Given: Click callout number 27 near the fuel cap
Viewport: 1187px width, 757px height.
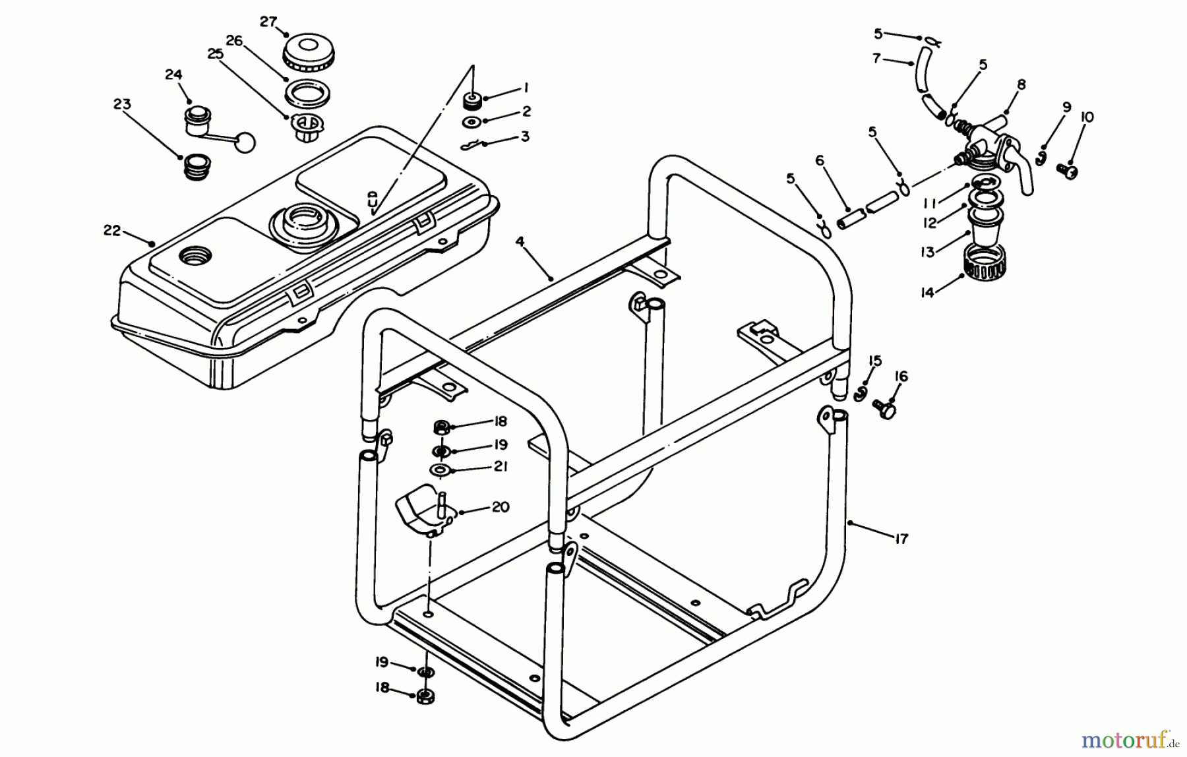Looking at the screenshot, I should tap(268, 22).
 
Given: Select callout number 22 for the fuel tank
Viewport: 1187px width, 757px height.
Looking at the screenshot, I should tap(112, 230).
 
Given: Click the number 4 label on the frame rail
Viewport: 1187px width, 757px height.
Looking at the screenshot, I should tap(520, 242).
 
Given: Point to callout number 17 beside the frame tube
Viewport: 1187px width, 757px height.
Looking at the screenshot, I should tap(901, 539).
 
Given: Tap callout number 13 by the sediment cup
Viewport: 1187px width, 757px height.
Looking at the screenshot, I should tap(928, 252).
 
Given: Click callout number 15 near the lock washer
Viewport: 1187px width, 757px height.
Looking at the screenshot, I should tap(875, 361).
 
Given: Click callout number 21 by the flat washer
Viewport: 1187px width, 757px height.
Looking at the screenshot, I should tap(501, 466).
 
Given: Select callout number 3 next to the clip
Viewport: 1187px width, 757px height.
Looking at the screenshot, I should tap(525, 136).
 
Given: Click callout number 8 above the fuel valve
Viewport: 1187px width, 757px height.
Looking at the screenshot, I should tap(1021, 84).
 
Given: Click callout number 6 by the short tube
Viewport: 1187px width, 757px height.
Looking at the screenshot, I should tap(820, 160).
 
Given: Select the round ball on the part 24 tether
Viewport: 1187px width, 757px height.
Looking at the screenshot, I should tap(245, 141).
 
